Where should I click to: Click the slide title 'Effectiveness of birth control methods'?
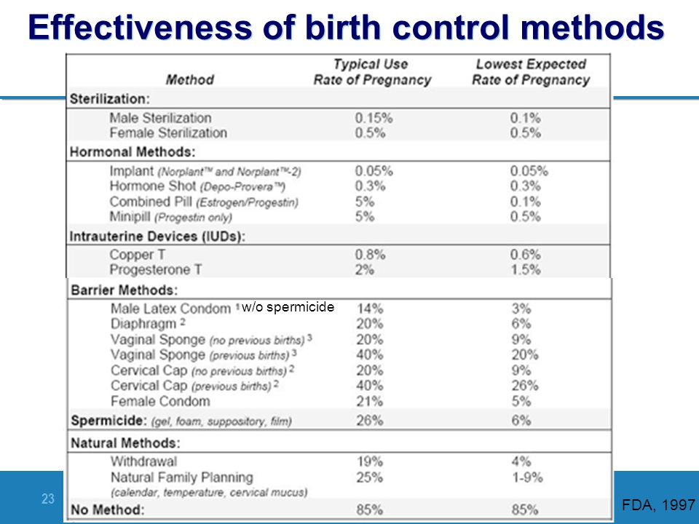click(347, 27)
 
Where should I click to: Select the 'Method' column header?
click(190, 80)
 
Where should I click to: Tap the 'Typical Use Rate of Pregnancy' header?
click(372, 72)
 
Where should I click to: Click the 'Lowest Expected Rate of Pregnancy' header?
click(531, 72)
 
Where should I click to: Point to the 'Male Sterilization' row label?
click(160, 118)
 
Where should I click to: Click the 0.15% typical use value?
click(374, 118)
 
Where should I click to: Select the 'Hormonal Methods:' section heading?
click(133, 152)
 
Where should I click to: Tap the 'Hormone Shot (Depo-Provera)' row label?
click(197, 186)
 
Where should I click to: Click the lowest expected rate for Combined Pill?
click(525, 202)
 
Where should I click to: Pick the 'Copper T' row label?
click(138, 255)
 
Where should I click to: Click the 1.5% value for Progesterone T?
click(525, 269)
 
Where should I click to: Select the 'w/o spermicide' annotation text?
click(288, 307)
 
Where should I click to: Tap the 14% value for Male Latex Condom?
click(370, 309)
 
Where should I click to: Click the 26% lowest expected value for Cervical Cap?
click(525, 386)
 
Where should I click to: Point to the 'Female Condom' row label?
click(160, 401)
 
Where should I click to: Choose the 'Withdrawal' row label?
click(143, 461)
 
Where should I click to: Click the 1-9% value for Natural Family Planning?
click(527, 477)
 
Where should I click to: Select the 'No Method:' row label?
click(108, 509)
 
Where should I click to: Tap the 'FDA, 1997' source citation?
click(658, 504)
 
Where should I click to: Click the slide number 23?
click(48, 499)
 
